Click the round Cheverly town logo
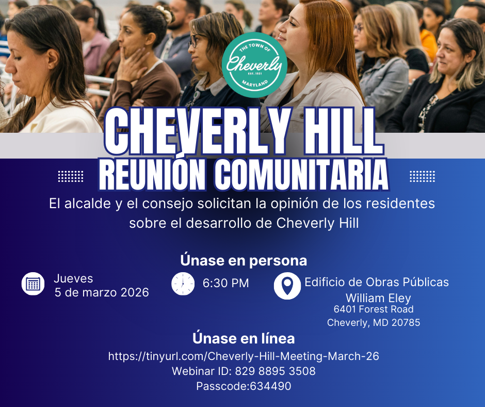[x=254, y=65]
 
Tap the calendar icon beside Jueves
[x=33, y=284]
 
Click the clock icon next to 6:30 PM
[x=183, y=284]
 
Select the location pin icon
[x=287, y=286]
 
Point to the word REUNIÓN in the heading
[x=152, y=176]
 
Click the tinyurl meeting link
[x=244, y=356]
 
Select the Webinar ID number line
[x=244, y=371]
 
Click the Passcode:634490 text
[x=244, y=386]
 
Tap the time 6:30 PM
[x=225, y=283]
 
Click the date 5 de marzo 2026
[x=102, y=292]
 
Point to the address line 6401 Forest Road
[x=374, y=309]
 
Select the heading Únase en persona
[x=244, y=260]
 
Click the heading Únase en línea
[x=244, y=338]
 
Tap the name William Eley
[x=378, y=298]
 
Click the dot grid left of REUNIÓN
[x=71, y=176]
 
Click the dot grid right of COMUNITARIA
[x=422, y=176]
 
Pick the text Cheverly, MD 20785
[x=374, y=323]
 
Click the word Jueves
[x=73, y=278]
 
